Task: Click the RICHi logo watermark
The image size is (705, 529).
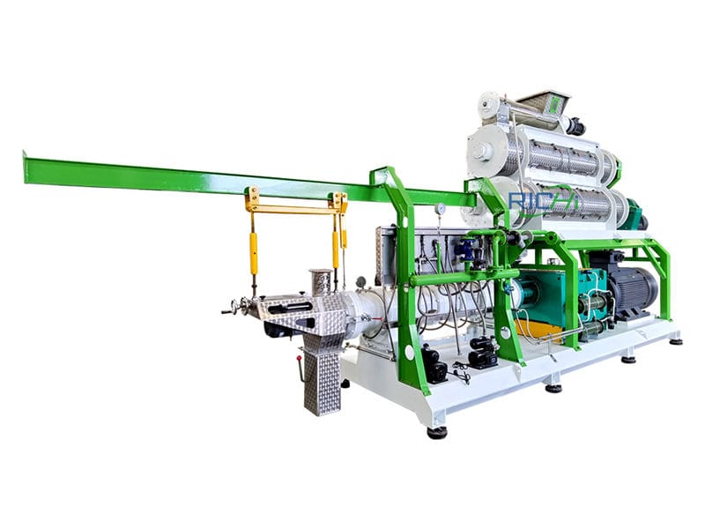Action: [x=543, y=201]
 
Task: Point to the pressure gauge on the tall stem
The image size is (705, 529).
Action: [x=440, y=208]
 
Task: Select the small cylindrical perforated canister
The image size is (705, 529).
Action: [x=321, y=282]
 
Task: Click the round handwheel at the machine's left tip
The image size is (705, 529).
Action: [x=235, y=308]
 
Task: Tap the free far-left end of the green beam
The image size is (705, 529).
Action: [x=25, y=167]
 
